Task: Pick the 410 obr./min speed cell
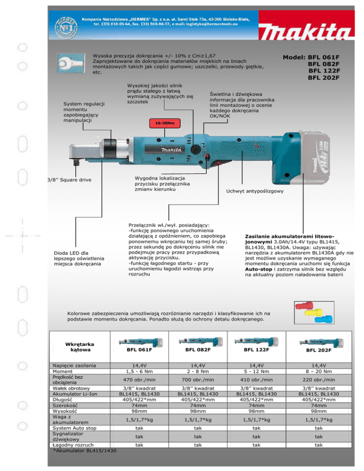pyautogui.click(x=256, y=380)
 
